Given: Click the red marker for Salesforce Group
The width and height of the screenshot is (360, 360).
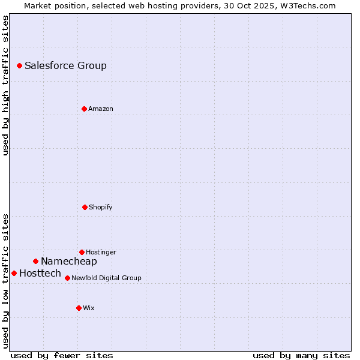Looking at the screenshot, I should tap(19, 65).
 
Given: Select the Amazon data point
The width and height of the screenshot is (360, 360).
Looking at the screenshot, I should tap(84, 109).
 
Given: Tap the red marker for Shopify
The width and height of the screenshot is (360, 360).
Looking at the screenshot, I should tap(85, 207).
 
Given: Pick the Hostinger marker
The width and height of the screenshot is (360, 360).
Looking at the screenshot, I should tap(82, 252).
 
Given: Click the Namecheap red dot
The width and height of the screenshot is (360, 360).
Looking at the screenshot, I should tap(35, 261).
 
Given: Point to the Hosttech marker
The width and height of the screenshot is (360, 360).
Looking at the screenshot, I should tap(14, 273).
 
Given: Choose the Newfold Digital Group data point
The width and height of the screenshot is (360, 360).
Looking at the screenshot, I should tap(67, 278).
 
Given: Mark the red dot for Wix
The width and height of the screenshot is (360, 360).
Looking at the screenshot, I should tap(79, 308).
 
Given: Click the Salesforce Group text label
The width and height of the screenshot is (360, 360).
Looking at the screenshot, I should tap(65, 65).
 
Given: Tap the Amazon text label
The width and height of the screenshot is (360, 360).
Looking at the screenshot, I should tap(101, 109).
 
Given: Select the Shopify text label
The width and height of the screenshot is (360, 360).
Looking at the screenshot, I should tap(101, 207).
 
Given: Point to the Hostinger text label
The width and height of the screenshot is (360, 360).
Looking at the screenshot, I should tap(101, 252).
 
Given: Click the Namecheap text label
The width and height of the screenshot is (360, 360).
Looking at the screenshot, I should tap(69, 261).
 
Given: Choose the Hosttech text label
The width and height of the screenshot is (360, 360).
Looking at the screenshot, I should tap(40, 273).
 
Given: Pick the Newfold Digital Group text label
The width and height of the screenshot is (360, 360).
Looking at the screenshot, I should tap(106, 278).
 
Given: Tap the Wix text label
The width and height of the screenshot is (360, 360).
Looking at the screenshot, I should tap(89, 308).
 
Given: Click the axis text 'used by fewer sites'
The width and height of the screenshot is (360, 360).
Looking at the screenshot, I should tap(62, 355).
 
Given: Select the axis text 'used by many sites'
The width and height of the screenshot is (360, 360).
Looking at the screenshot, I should tap(301, 355).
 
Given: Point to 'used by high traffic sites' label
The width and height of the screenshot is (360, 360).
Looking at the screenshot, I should tap(5, 85).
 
